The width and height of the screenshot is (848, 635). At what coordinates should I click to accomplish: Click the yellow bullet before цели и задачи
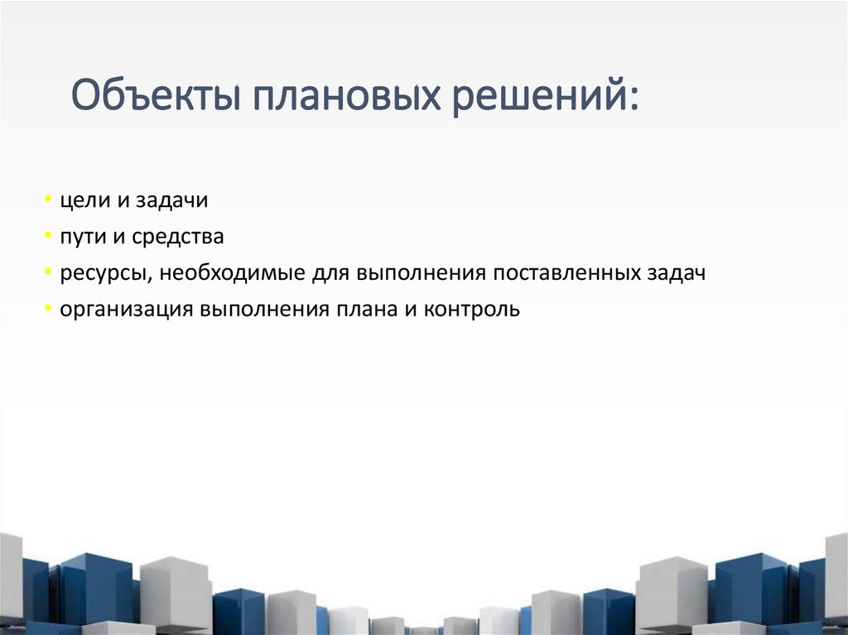[50, 201]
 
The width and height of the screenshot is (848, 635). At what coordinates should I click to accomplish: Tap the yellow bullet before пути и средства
[50, 238]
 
